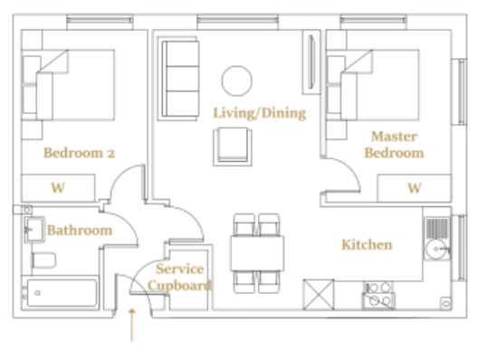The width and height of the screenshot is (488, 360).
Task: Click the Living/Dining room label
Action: tap(260, 113)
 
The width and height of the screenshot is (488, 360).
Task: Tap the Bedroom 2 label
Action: tap(79, 153)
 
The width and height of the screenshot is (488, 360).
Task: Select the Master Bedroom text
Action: tap(394, 145)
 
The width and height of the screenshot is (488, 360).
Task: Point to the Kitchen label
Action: tap(367, 244)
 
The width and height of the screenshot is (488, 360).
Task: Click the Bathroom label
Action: tap(80, 231)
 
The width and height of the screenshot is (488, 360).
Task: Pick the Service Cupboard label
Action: tap(179, 277)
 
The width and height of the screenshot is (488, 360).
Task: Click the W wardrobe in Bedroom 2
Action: tap(58, 188)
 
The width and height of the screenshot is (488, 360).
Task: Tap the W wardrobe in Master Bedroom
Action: tap(415, 188)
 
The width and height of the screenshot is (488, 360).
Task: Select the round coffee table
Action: tap(237, 81)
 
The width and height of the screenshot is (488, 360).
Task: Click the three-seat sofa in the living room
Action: tap(178, 79)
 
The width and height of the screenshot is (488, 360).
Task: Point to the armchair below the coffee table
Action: tap(233, 147)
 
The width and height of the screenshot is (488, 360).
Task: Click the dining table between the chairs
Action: tap(257, 253)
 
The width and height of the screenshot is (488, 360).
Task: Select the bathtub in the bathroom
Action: tap(62, 293)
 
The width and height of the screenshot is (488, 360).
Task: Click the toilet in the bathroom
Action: tap(43, 261)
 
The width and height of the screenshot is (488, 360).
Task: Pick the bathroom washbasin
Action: tap(34, 230)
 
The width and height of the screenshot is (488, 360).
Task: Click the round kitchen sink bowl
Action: tap(436, 249)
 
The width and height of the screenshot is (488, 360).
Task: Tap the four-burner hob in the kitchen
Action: tap(378, 296)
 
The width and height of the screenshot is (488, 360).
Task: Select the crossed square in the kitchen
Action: tap(319, 295)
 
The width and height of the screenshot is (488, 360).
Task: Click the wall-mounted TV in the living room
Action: tap(311, 62)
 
